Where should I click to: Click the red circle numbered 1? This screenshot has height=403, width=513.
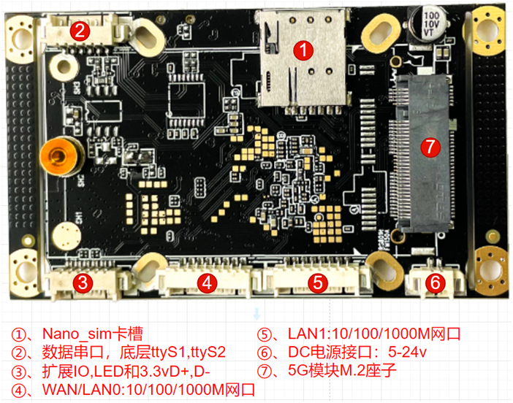click(303, 50)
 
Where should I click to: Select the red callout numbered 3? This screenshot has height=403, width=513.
click(83, 282)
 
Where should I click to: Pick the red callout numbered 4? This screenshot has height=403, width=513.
click(207, 282)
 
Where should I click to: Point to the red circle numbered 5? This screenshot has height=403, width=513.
click(318, 282)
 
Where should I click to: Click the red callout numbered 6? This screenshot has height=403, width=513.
click(435, 281)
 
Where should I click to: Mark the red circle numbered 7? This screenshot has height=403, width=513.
click(430, 147)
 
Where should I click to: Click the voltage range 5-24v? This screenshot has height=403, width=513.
click(407, 352)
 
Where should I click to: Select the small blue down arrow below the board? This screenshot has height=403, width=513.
click(257, 314)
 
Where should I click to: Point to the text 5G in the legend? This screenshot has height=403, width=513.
click(297, 370)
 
